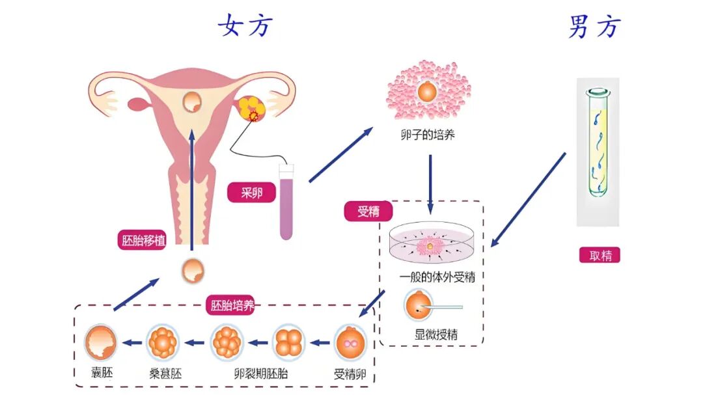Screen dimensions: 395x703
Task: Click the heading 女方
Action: pos(245,26)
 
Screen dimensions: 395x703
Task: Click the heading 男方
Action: pos(594,27)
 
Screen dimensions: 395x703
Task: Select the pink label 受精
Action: pos(368,211)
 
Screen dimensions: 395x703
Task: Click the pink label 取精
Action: pos(600,255)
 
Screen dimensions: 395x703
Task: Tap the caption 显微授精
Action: pos(436,335)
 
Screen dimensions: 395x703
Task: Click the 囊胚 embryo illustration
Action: pos(102,342)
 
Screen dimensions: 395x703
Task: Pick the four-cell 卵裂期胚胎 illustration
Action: pos(288,342)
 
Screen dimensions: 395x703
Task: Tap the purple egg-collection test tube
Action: pos(287,202)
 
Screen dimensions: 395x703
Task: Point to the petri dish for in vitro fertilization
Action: pos(432,247)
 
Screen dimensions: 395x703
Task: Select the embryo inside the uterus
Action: pos(192,102)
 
